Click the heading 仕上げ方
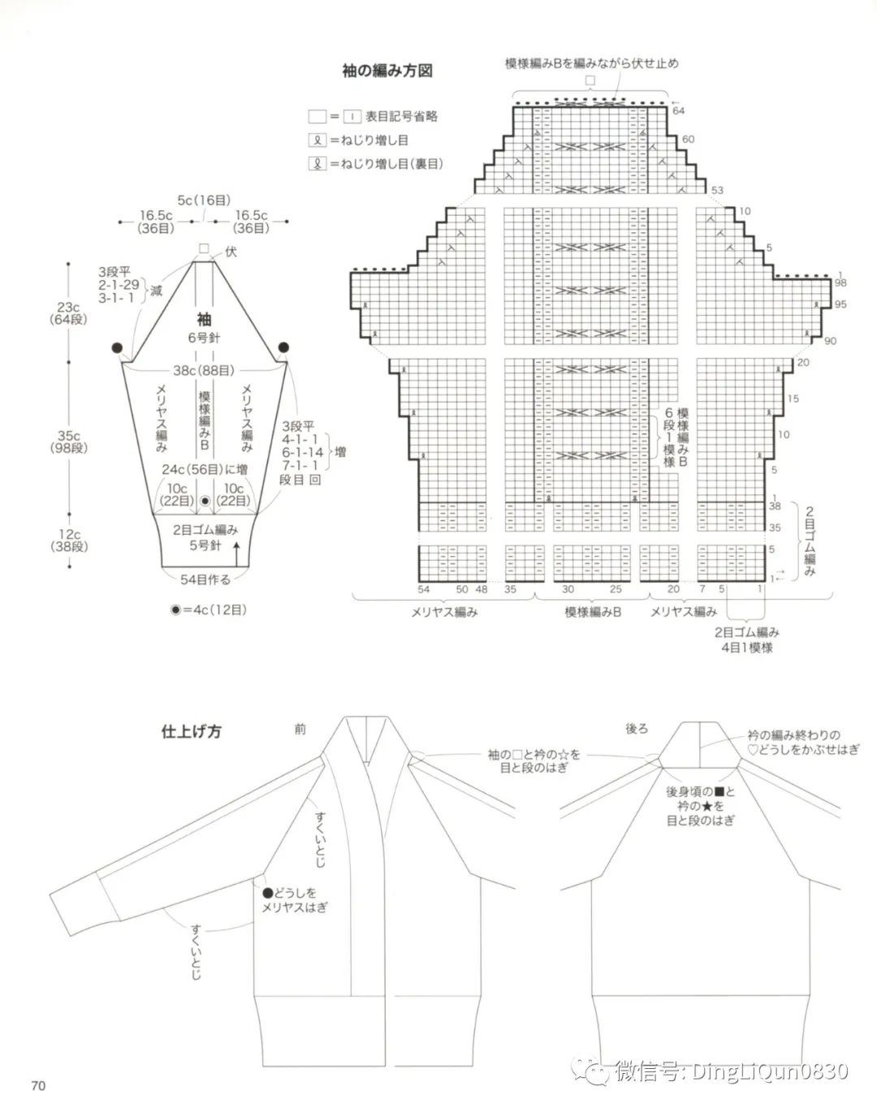pyautogui.click(x=191, y=731)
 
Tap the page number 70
pyautogui.click(x=38, y=1086)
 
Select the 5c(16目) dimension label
pyautogui.click(x=204, y=200)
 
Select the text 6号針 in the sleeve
pyautogui.click(x=204, y=337)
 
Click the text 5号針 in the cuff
pyautogui.click(x=205, y=545)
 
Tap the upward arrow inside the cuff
pyautogui.click(x=236, y=554)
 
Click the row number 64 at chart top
pyautogui.click(x=679, y=110)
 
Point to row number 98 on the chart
pyautogui.click(x=840, y=283)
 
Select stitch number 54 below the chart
pyautogui.click(x=424, y=589)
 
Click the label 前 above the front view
pyautogui.click(x=300, y=730)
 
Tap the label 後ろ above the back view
pyautogui.click(x=637, y=729)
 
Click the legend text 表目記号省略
pyautogui.click(x=401, y=116)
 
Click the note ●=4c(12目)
pyautogui.click(x=209, y=610)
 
